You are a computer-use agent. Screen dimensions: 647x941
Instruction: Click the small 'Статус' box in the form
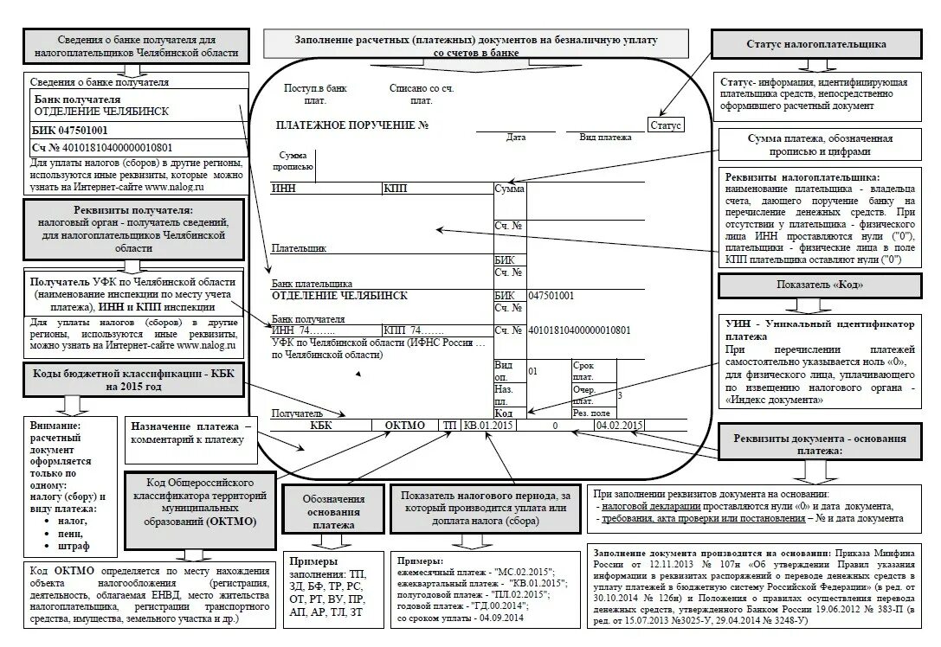666,125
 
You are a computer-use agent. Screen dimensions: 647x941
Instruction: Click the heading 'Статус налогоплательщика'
815,44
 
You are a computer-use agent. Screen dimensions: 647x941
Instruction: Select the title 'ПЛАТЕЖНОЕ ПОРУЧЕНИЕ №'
352,125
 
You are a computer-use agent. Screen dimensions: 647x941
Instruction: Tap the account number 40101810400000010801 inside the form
578,330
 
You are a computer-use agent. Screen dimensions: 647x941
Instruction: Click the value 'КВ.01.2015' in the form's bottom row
489,426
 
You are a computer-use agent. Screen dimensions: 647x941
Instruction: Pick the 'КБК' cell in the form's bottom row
320,426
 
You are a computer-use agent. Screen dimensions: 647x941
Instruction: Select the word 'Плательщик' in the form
300,248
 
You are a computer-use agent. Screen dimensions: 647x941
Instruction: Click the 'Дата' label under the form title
516,138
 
